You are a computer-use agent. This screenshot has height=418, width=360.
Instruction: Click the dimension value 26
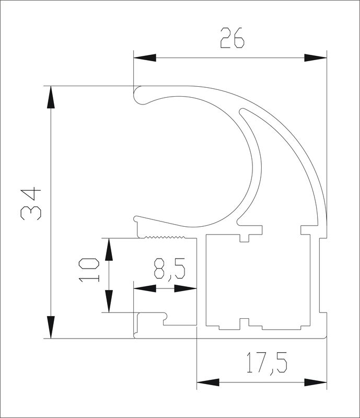232,38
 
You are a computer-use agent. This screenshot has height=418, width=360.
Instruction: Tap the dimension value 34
31,204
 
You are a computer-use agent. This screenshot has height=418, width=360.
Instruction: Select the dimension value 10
89,270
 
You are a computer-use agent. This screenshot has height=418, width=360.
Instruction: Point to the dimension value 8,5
169,269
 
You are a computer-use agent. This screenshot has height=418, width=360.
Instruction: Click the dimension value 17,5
266,363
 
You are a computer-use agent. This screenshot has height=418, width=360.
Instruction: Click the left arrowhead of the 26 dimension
145,57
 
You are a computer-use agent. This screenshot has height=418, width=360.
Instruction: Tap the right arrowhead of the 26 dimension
316,57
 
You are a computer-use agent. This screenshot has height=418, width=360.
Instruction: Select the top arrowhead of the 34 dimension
51,97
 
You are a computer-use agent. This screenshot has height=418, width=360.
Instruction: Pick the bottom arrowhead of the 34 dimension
51,327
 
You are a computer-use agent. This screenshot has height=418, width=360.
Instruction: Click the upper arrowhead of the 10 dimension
109,249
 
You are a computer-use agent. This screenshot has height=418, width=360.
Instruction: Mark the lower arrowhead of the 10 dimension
109,301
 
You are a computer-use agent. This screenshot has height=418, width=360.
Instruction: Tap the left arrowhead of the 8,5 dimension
145,288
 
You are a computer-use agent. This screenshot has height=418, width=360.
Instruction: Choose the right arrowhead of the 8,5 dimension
185,288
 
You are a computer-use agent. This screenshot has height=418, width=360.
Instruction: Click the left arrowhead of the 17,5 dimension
208,382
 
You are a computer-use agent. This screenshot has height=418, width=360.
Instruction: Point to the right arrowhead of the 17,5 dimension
316,382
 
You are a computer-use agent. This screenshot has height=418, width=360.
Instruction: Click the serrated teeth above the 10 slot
165,237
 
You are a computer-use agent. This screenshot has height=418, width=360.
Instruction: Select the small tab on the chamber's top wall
244,238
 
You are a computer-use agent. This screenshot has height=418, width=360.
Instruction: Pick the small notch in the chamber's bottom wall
244,322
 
